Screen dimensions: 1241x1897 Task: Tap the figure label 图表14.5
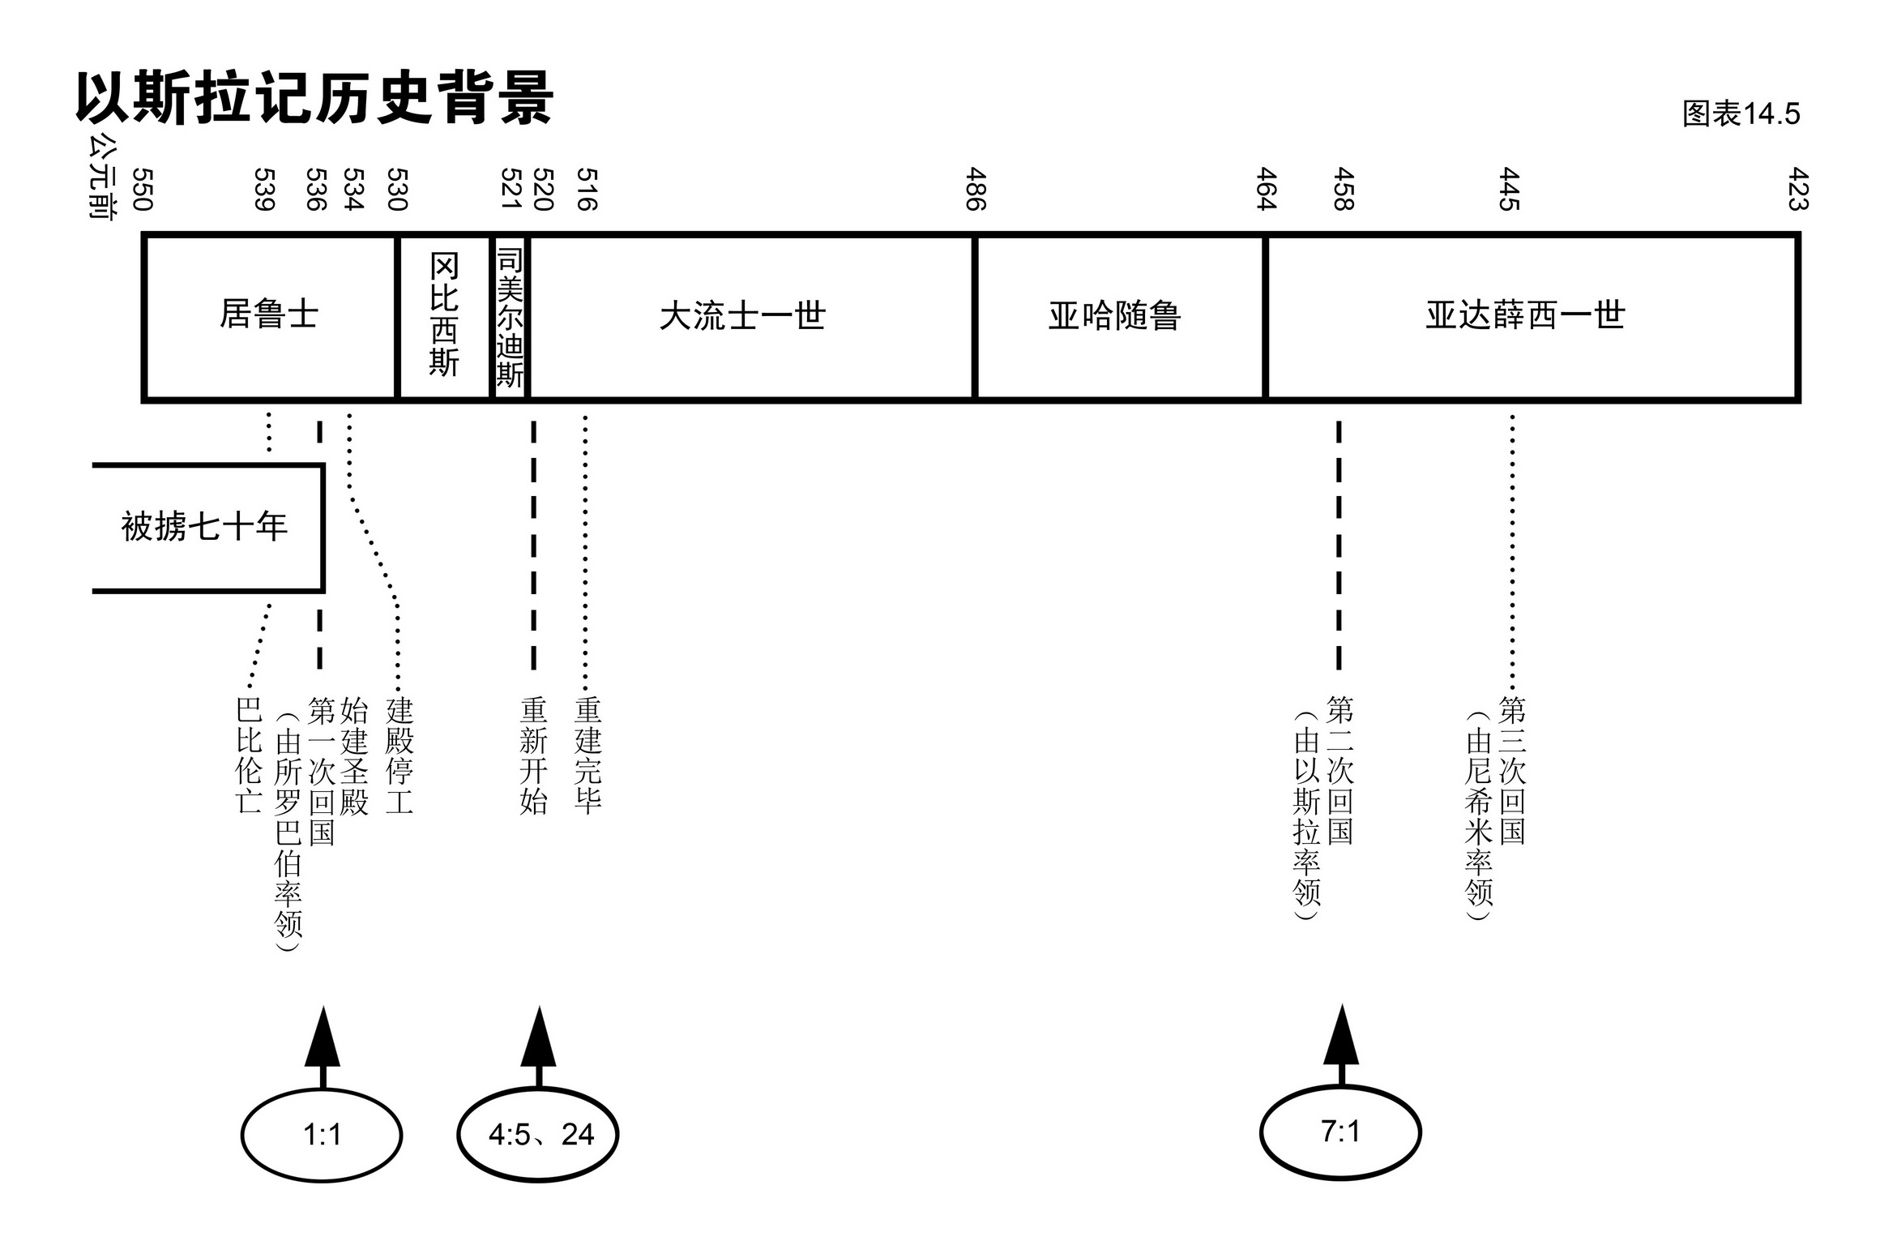coord(1741,114)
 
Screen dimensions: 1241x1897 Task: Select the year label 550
coord(143,190)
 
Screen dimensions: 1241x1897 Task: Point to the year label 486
coord(976,190)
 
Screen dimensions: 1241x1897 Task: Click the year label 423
coord(1798,190)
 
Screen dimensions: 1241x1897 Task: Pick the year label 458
coord(1344,190)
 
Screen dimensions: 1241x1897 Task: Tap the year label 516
coord(587,190)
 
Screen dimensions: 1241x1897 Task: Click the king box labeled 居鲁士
coord(269,315)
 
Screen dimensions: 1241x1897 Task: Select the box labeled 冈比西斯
coord(444,315)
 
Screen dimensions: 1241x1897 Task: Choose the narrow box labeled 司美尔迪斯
coord(510,317)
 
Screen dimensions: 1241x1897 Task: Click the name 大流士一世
coord(742,316)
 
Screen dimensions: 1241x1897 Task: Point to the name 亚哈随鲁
coord(1114,316)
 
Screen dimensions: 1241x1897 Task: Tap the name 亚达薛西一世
coord(1525,315)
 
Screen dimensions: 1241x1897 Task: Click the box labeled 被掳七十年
coord(205,527)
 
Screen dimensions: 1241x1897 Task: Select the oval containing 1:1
coord(322,1135)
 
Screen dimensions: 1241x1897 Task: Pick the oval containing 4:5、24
coord(538,1135)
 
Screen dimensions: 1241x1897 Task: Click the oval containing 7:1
coord(1340,1132)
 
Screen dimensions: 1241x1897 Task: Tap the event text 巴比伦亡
coord(249,755)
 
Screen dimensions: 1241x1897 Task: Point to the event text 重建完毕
coord(588,755)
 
